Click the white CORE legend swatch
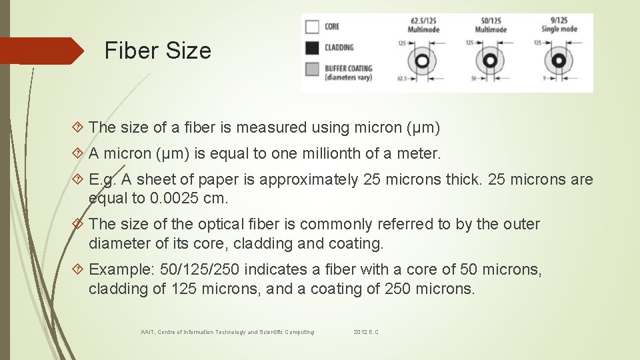(312, 27)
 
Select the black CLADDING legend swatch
(312, 48)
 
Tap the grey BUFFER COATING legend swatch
(312, 69)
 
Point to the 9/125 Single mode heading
(559, 26)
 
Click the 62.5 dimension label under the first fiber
(401, 78)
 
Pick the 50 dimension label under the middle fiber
(472, 78)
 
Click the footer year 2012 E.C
(366, 332)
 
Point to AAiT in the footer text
(147, 332)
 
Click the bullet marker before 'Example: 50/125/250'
(79, 269)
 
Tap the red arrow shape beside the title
(40, 51)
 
